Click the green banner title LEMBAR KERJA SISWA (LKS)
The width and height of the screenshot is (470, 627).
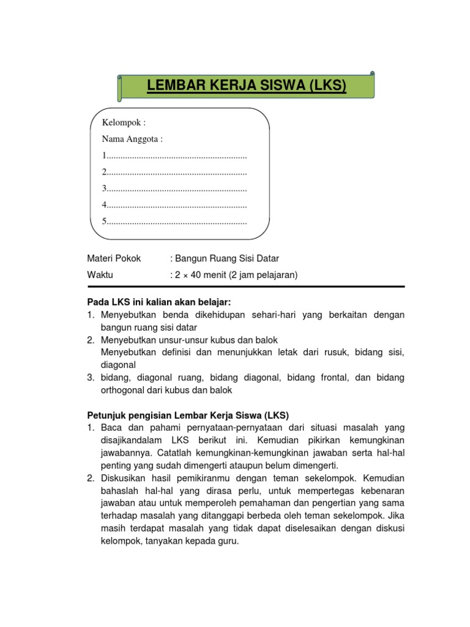click(x=247, y=87)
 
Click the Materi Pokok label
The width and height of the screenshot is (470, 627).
click(x=114, y=258)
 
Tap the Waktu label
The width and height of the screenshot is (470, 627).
click(x=100, y=275)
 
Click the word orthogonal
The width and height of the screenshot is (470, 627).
click(x=122, y=389)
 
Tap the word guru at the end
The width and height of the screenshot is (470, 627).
click(x=228, y=541)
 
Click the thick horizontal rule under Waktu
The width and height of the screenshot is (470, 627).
click(x=245, y=287)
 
